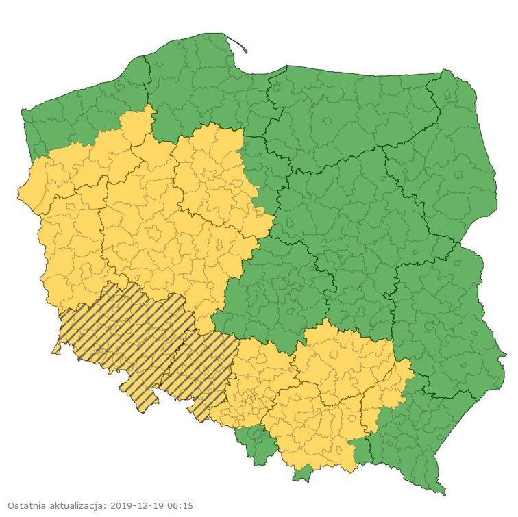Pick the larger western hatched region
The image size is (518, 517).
pos(123,336)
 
